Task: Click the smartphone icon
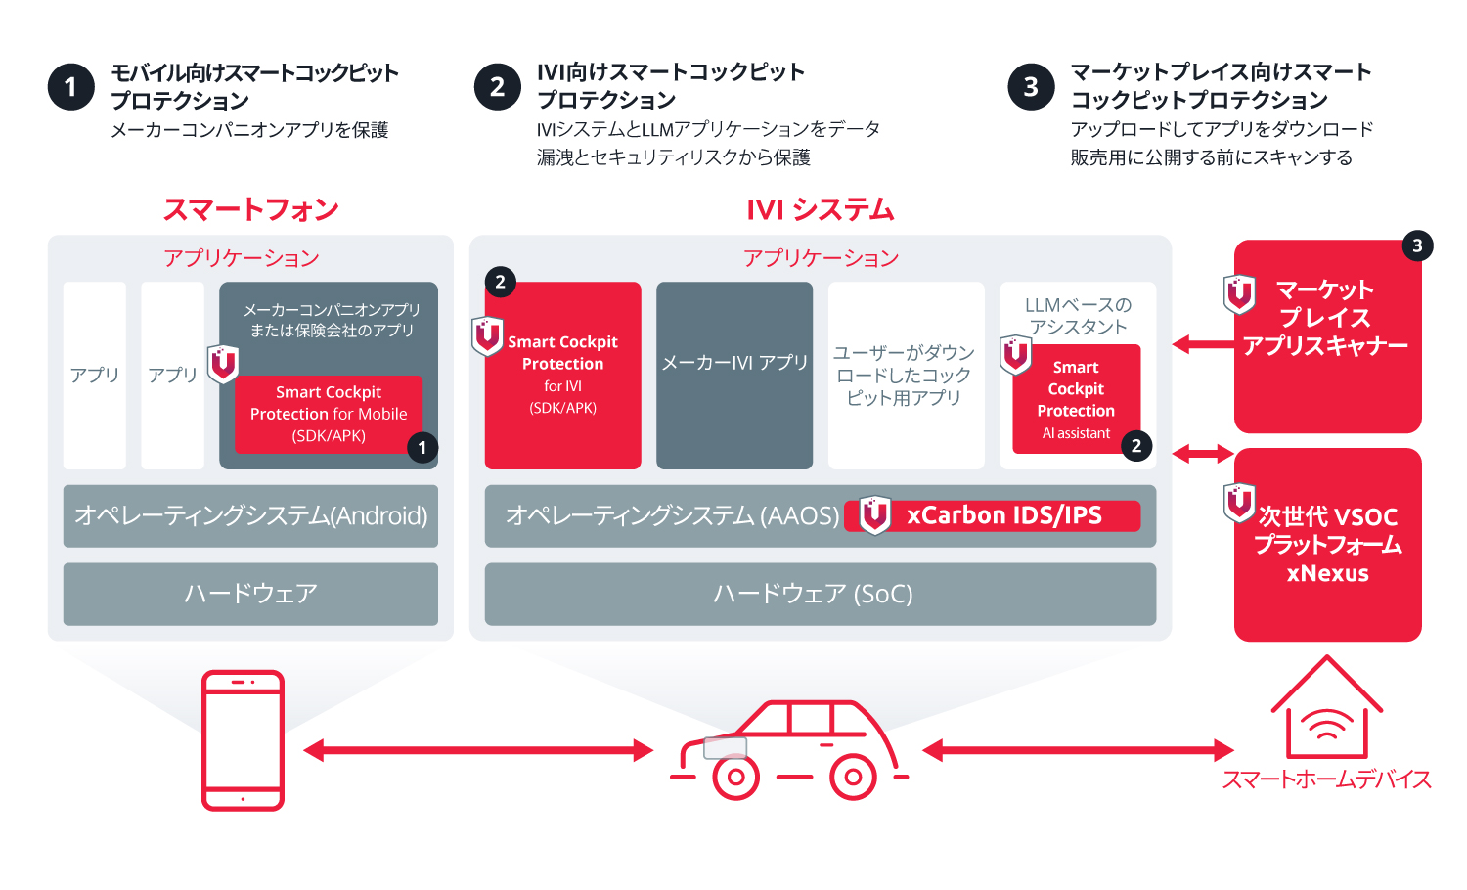click(243, 740)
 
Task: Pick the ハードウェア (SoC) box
click(820, 594)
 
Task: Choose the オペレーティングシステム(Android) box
click(250, 515)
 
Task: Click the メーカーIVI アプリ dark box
click(734, 375)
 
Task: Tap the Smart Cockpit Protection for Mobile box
click(329, 414)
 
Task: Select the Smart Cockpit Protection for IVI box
click(562, 375)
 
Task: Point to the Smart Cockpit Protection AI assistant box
click(1076, 399)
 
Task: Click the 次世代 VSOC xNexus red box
click(1327, 545)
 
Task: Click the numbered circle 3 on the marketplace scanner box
click(1417, 246)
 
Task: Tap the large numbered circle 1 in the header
click(70, 87)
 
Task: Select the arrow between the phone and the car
click(477, 750)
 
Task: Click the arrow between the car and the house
click(1078, 750)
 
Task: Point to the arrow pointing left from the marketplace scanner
click(1202, 344)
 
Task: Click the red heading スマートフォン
click(251, 209)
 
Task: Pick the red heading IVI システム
click(820, 209)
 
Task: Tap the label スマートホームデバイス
click(1326, 779)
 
